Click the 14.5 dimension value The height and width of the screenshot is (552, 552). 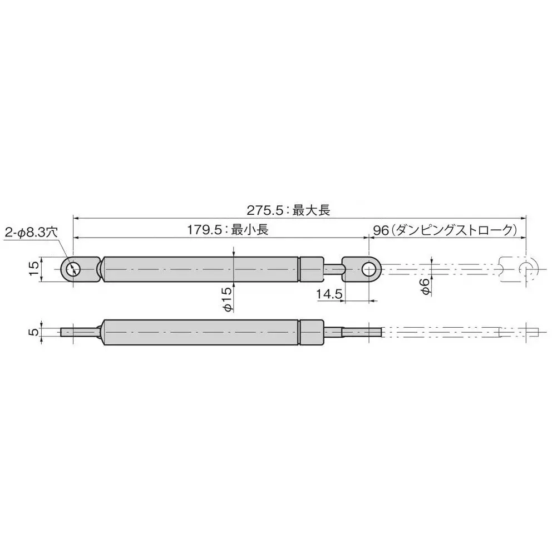click(329, 295)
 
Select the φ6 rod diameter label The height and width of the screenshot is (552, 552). click(424, 287)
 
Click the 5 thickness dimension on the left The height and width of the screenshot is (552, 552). click(33, 332)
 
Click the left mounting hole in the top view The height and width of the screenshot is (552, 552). click(72, 270)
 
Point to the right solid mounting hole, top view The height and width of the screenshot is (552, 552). click(369, 270)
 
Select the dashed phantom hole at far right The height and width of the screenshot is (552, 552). click(525, 269)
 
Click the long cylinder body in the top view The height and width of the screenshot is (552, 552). click(200, 270)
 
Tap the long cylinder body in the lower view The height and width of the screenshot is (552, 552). click(200, 332)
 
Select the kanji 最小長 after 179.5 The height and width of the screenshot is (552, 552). click(250, 229)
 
